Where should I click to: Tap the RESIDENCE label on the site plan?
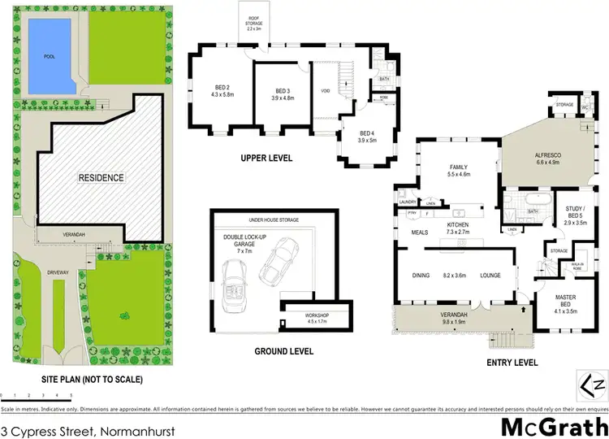[x=101, y=177]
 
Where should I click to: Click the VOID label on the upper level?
[x=324, y=91]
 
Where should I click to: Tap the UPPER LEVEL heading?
[x=266, y=158]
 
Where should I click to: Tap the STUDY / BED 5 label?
[x=580, y=215]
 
